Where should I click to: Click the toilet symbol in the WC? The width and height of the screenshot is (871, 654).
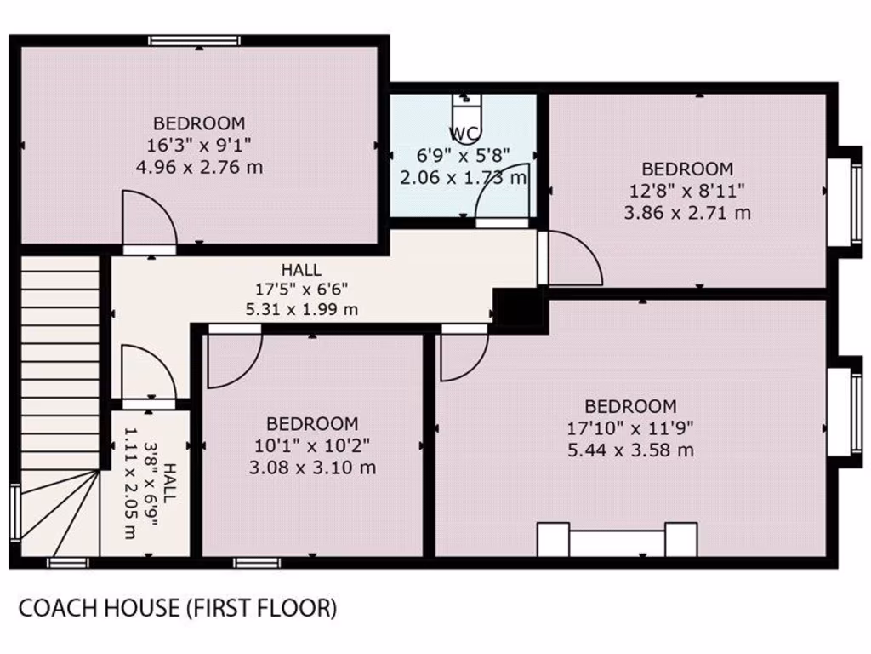(x=467, y=110)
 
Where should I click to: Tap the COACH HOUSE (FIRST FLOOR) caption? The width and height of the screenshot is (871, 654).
(x=178, y=608)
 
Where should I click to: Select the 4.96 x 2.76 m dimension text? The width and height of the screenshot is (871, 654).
(x=199, y=167)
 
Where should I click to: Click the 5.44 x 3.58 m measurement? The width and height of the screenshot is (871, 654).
(x=630, y=450)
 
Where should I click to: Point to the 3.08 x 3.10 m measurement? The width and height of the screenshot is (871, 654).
(x=312, y=468)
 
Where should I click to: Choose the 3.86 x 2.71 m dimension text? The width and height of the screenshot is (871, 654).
(x=687, y=213)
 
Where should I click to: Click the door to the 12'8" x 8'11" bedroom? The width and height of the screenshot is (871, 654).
(x=572, y=259)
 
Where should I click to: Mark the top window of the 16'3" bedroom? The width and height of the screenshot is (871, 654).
(x=194, y=40)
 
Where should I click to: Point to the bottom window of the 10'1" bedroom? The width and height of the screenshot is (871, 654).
(x=257, y=562)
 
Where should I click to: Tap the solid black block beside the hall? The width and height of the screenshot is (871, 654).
(x=518, y=309)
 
